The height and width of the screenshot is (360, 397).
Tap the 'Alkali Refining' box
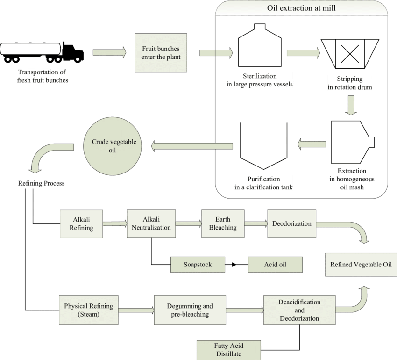81,224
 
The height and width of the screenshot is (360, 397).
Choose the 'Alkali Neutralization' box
151,224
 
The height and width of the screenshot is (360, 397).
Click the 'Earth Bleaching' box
223,223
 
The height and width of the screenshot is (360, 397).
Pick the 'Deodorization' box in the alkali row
292,223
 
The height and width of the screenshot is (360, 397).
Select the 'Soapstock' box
198,265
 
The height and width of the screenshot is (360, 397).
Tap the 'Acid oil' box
275,265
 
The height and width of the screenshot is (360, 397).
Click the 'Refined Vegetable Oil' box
361,265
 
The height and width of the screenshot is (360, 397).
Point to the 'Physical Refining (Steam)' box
88,310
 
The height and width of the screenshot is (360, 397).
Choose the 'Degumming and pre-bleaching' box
190,310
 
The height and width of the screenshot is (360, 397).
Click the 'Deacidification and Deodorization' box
299,310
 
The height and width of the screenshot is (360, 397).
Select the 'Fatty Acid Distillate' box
228,350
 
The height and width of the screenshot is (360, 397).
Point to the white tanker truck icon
31,50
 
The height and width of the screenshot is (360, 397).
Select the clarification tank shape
263,146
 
